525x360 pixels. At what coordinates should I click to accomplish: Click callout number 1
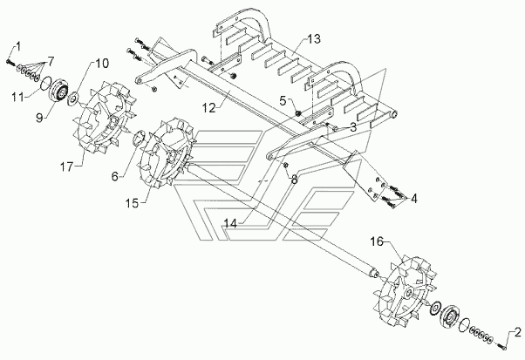coord(18,46)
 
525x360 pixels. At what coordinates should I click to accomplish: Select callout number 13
coord(314,39)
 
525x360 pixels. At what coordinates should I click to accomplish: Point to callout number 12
coord(208,108)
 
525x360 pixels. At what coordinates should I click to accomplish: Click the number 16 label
coord(377,241)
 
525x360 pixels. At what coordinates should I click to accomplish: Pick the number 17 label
coord(66,166)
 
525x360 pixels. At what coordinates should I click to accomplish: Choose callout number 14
coord(230,223)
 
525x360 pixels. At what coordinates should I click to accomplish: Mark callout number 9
coord(40,118)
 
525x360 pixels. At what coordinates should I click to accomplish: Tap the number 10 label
coord(102,64)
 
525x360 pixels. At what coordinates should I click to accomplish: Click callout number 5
coord(283,100)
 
